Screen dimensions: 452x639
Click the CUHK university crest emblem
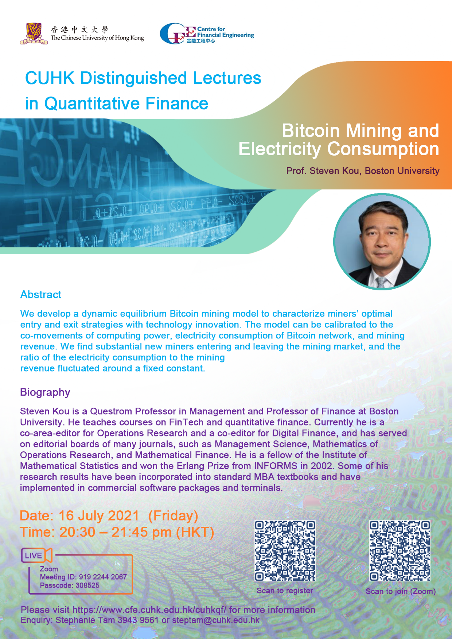pyautogui.click(x=34, y=34)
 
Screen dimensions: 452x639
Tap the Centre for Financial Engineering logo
pyautogui.click(x=207, y=34)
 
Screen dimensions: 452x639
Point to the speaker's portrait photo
pyautogui.click(x=382, y=242)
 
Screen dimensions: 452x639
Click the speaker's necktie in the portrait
pyautogui.click(x=381, y=282)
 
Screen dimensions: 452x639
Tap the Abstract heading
pyautogui.click(x=41, y=294)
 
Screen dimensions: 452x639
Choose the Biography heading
pyautogui.click(x=45, y=392)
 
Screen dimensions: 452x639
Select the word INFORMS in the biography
pyautogui.click(x=276, y=466)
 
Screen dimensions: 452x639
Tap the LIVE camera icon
pyautogui.click(x=37, y=555)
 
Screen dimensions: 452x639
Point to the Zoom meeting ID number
pyautogui.click(x=103, y=577)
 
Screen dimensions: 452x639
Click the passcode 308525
pyautogui.click(x=87, y=585)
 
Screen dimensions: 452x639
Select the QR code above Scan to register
pyautogui.click(x=285, y=551)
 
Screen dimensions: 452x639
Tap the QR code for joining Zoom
pyautogui.click(x=400, y=551)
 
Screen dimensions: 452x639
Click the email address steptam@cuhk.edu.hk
pyautogui.click(x=216, y=620)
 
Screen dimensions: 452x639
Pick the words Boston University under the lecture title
pyautogui.click(x=402, y=171)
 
